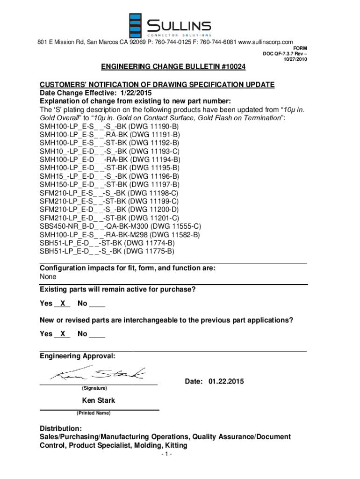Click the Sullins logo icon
point(136,25)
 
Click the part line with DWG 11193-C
point(109,152)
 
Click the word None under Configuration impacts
point(48,277)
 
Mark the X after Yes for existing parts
point(62,304)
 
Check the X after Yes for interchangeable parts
point(62,334)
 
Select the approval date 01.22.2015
point(226,382)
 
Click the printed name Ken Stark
point(99,401)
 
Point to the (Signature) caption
point(94,389)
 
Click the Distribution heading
point(61,428)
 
